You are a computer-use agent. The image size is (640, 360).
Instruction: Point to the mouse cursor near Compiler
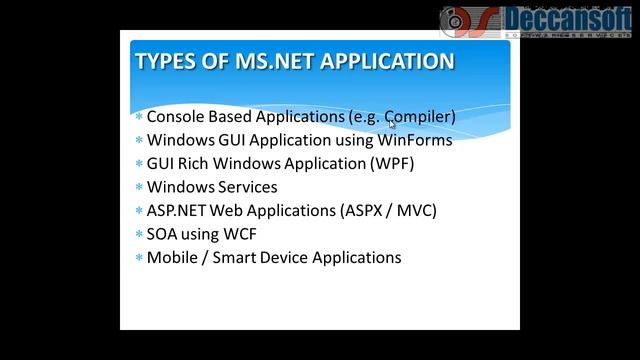[392, 125]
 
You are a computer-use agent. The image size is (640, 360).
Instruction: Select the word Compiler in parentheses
[417, 117]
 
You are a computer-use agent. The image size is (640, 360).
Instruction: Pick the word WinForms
[414, 140]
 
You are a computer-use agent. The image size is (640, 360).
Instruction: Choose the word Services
[244, 187]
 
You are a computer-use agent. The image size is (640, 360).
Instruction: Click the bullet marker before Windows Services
[138, 187]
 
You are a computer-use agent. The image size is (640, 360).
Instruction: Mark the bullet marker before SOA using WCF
[138, 234]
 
